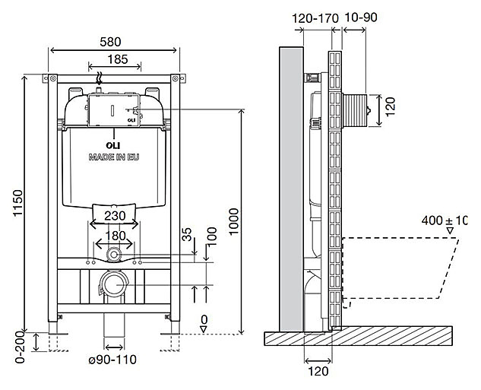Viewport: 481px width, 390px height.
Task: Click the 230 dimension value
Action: pos(115,216)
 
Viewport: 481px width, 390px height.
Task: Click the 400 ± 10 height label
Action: pos(448,220)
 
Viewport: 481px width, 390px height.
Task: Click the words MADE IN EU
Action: pos(115,156)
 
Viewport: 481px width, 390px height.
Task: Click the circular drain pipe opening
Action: pos(115,284)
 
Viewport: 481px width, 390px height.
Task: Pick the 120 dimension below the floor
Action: pos(319,373)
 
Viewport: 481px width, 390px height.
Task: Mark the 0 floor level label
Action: pos(204,319)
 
